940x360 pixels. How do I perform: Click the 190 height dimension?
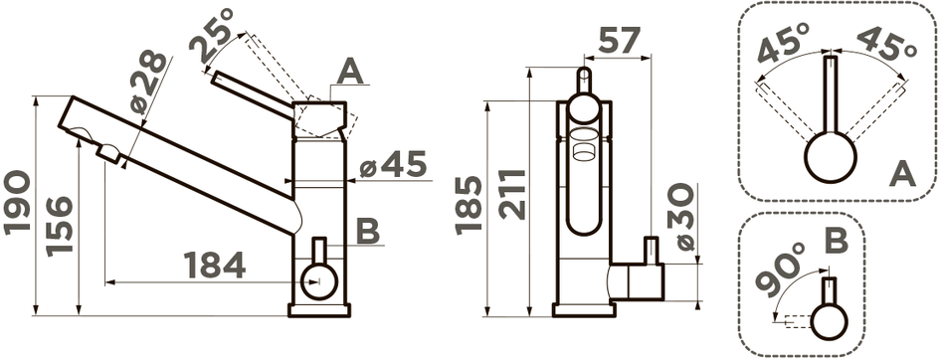pyautogui.click(x=16, y=202)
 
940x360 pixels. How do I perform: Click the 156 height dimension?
pyautogui.click(x=59, y=226)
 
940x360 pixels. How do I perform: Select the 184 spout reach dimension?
pyautogui.click(x=214, y=266)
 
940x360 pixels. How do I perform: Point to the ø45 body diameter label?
pyautogui.click(x=393, y=164)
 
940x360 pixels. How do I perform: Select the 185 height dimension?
pyautogui.click(x=469, y=204)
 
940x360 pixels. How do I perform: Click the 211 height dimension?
pyautogui.click(x=513, y=194)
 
